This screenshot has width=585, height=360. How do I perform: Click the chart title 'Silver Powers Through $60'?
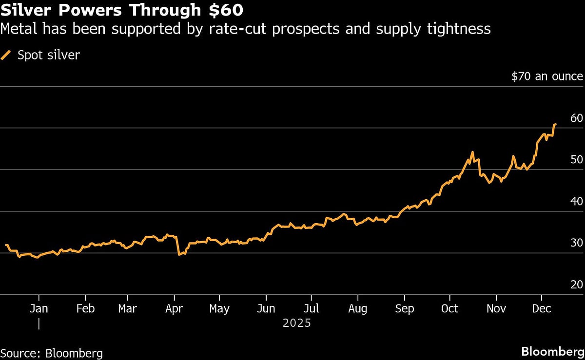pyautogui.click(x=122, y=10)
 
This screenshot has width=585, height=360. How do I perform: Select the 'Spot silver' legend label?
pyautogui.click(x=48, y=55)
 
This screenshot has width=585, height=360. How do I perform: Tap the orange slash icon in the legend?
pyautogui.click(x=6, y=55)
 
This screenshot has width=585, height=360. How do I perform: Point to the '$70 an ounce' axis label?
pyautogui.click(x=547, y=76)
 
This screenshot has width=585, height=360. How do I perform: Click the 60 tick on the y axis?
pyautogui.click(x=576, y=118)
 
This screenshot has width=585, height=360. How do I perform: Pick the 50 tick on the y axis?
pyautogui.click(x=576, y=160)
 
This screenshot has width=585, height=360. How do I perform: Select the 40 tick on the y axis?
pyautogui.click(x=576, y=201)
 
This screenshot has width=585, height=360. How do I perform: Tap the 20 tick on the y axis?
pyautogui.click(x=576, y=284)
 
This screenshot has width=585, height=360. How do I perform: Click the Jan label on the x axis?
pyautogui.click(x=39, y=309)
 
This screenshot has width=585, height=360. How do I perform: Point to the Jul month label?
pyautogui.click(x=311, y=309)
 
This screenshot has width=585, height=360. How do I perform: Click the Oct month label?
pyautogui.click(x=449, y=309)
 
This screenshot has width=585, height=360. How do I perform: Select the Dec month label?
pyautogui.click(x=541, y=309)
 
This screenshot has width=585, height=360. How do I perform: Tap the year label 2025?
pyautogui.click(x=296, y=323)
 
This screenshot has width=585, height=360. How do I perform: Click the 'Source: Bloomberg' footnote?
pyautogui.click(x=51, y=353)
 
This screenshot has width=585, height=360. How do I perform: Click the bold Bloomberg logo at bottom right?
pyautogui.click(x=552, y=352)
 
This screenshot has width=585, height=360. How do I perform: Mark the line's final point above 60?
pyautogui.click(x=555, y=125)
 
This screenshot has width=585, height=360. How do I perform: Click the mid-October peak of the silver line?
pyautogui.click(x=472, y=152)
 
